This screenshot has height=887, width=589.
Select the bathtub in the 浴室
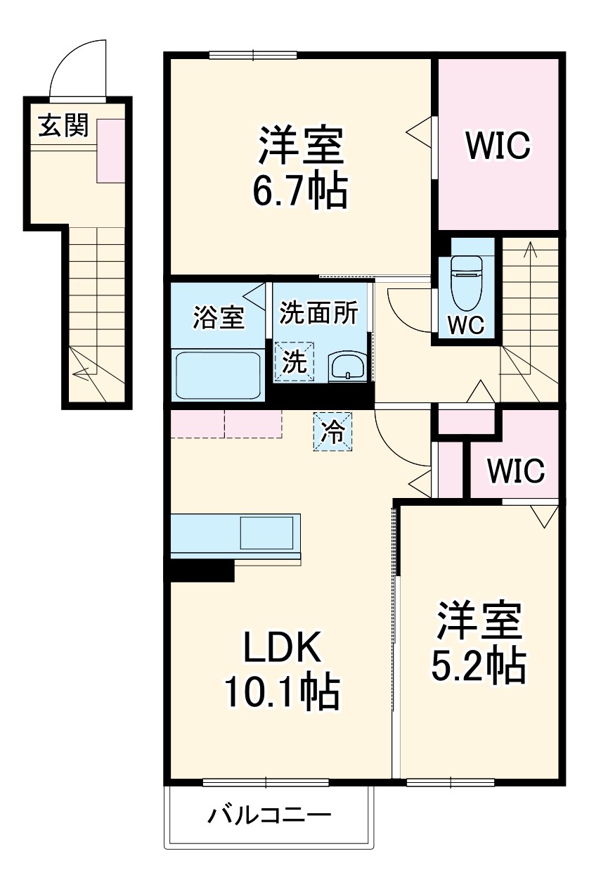pyautogui.click(x=218, y=375)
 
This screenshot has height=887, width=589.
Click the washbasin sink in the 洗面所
pyautogui.click(x=347, y=366)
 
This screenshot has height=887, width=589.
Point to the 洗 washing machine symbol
pyautogui.click(x=294, y=362)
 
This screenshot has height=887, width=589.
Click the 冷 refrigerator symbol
pyautogui.click(x=332, y=430)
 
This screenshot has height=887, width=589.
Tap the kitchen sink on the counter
pyautogui.click(x=266, y=532)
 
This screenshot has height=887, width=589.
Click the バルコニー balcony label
pyautogui.click(x=268, y=816)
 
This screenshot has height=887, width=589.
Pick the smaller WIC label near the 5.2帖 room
pyautogui.click(x=516, y=471)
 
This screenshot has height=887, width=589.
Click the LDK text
pyautogui.click(x=282, y=649)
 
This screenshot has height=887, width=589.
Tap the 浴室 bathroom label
pyautogui.click(x=219, y=317)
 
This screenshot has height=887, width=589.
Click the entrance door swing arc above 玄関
pyautogui.click(x=77, y=67)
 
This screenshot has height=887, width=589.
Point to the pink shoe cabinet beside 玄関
pyautogui.click(x=110, y=149)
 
